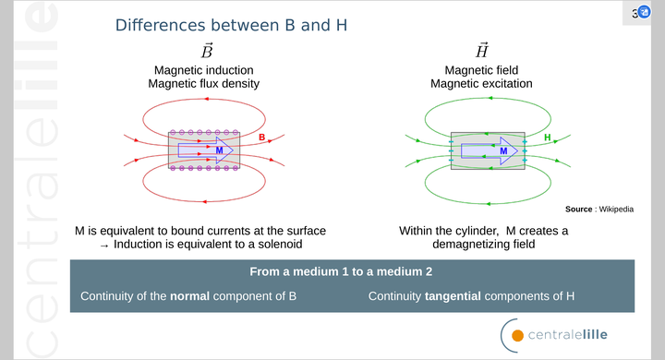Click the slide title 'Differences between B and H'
[x=231, y=25]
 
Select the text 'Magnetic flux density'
[x=203, y=84]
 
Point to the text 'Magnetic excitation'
[x=481, y=84]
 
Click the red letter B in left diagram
[x=261, y=138]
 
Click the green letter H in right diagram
[x=547, y=138]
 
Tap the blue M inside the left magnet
[x=219, y=150]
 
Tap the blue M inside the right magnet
[x=502, y=150]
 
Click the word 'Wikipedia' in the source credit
[x=616, y=210]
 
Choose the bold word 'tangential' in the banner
[x=453, y=296]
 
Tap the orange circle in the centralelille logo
[x=518, y=335]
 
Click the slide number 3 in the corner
[x=635, y=13]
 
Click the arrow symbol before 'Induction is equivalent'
[x=104, y=245]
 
